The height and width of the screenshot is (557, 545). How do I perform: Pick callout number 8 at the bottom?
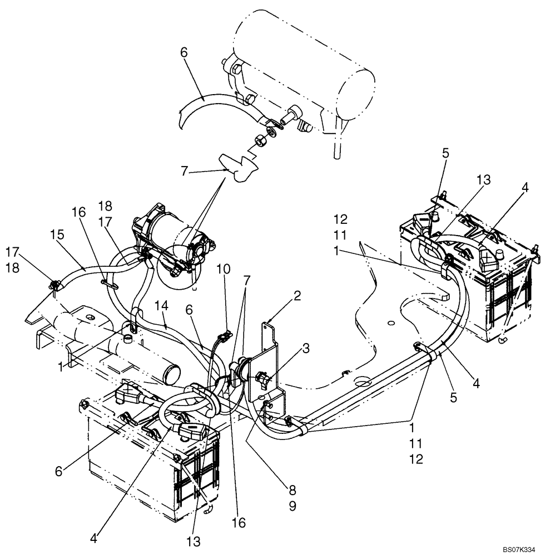[293, 490]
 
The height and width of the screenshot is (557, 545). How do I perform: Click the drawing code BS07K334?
[519, 550]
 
